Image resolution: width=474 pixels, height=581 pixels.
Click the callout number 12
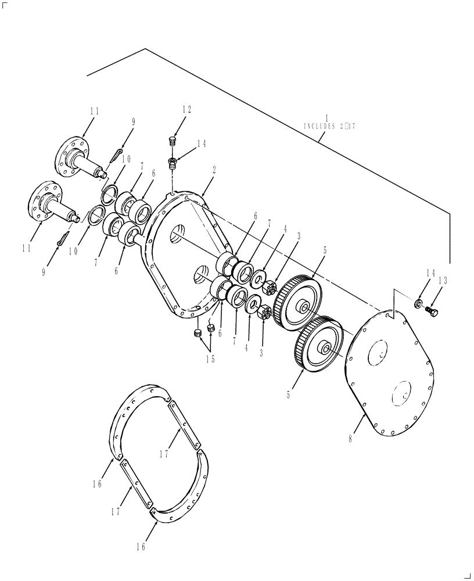point(186,109)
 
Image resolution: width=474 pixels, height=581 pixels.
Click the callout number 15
point(210,359)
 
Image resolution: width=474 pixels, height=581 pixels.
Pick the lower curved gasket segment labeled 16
point(186,494)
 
